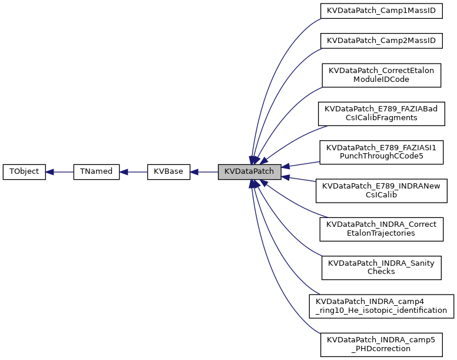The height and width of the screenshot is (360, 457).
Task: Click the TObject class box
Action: pyautogui.click(x=24, y=172)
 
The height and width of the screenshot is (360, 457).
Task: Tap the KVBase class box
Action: pyautogui.click(x=168, y=172)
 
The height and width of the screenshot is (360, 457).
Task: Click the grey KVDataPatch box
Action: pyautogui.click(x=249, y=172)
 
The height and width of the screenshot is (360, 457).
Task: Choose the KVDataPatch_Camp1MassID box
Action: pyautogui.click(x=381, y=11)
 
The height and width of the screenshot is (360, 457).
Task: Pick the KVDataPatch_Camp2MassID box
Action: pyautogui.click(x=381, y=40)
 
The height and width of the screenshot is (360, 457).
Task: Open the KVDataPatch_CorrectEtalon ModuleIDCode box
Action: pyautogui.click(x=381, y=75)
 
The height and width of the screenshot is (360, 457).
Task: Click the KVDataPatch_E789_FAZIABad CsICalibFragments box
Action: pyautogui.click(x=381, y=113)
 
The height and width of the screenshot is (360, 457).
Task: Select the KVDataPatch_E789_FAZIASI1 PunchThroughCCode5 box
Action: pyautogui.click(x=381, y=151)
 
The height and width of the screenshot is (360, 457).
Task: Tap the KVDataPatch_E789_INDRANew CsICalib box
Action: pyautogui.click(x=381, y=190)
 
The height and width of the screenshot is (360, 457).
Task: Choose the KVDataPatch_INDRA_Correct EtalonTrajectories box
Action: pyautogui.click(x=381, y=229)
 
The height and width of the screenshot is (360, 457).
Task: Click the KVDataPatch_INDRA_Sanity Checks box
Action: pyautogui.click(x=381, y=267)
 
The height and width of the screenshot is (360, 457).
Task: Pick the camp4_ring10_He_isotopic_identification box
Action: pyautogui.click(x=381, y=305)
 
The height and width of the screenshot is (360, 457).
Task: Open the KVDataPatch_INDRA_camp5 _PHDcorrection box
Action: pyautogui.click(x=381, y=344)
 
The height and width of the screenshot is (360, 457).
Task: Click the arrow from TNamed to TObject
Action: pyautogui.click(x=59, y=172)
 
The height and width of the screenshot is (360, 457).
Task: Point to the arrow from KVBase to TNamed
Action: pyautogui.click(x=133, y=172)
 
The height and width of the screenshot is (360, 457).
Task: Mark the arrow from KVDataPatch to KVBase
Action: pyautogui.click(x=204, y=172)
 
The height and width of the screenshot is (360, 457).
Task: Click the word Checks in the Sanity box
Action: pyautogui.click(x=381, y=272)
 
